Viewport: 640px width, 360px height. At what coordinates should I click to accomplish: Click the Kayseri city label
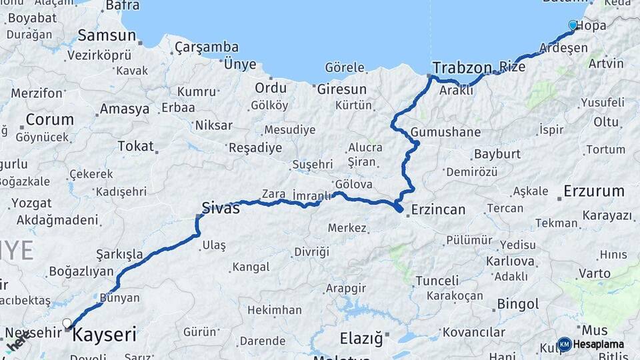pos(104,334)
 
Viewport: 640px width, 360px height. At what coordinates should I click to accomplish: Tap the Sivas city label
pos(221,208)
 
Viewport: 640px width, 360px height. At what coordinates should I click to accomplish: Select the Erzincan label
pos(438,209)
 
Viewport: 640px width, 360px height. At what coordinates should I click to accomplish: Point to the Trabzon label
pos(462,67)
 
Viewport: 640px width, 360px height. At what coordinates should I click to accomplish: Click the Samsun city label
pos(107,35)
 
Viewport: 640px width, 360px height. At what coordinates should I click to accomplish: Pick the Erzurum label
pos(593,191)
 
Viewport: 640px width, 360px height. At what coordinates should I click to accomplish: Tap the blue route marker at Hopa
pos(573,25)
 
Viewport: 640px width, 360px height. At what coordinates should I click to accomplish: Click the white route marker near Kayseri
pos(67,323)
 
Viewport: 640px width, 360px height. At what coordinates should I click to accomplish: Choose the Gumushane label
pos(445,132)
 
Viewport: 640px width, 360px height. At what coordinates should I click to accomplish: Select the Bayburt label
pos(497,154)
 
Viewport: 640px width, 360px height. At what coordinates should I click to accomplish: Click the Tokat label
pos(135,146)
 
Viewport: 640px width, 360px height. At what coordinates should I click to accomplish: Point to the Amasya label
pos(124,109)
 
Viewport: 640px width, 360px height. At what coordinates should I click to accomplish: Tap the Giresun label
pos(342,89)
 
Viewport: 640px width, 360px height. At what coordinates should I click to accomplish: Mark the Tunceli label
pos(437,281)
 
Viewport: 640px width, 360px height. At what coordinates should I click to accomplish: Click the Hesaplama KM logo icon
pos(564,344)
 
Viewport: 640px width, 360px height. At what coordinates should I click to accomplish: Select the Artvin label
pos(606,63)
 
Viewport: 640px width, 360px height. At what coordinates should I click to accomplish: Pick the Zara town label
pos(273,194)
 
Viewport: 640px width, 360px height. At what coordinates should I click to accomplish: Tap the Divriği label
pos(311,251)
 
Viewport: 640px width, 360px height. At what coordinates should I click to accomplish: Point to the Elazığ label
pos(361,339)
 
